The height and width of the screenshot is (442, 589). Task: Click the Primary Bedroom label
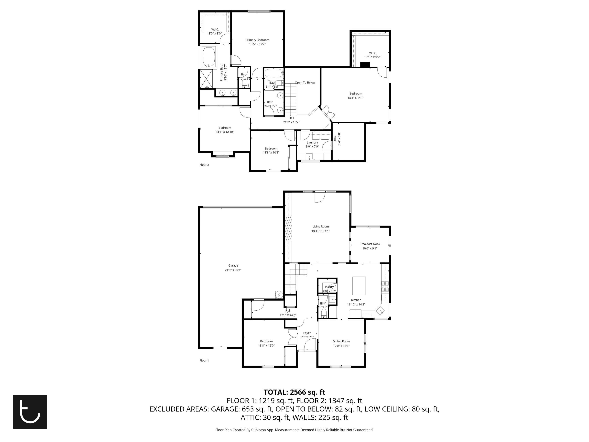(x=257, y=40)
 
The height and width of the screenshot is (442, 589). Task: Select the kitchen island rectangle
(x=359, y=286)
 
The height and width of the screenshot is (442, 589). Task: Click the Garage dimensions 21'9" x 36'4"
(x=233, y=270)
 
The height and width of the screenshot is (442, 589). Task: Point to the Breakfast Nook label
(x=369, y=244)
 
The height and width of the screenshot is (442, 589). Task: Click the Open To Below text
(x=305, y=83)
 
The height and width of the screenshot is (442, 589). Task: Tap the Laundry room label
(x=312, y=143)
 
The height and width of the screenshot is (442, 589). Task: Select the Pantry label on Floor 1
(x=329, y=287)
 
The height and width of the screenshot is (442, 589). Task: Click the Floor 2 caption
(x=204, y=165)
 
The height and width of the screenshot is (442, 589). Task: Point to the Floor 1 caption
(x=204, y=360)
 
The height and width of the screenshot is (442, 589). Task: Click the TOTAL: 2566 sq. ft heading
(x=294, y=392)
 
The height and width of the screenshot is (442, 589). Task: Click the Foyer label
(x=307, y=333)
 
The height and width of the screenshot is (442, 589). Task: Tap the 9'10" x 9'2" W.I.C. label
(x=373, y=57)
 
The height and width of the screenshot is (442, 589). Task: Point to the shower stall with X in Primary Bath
(x=206, y=79)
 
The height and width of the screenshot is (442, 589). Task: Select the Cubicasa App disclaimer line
(x=294, y=430)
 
